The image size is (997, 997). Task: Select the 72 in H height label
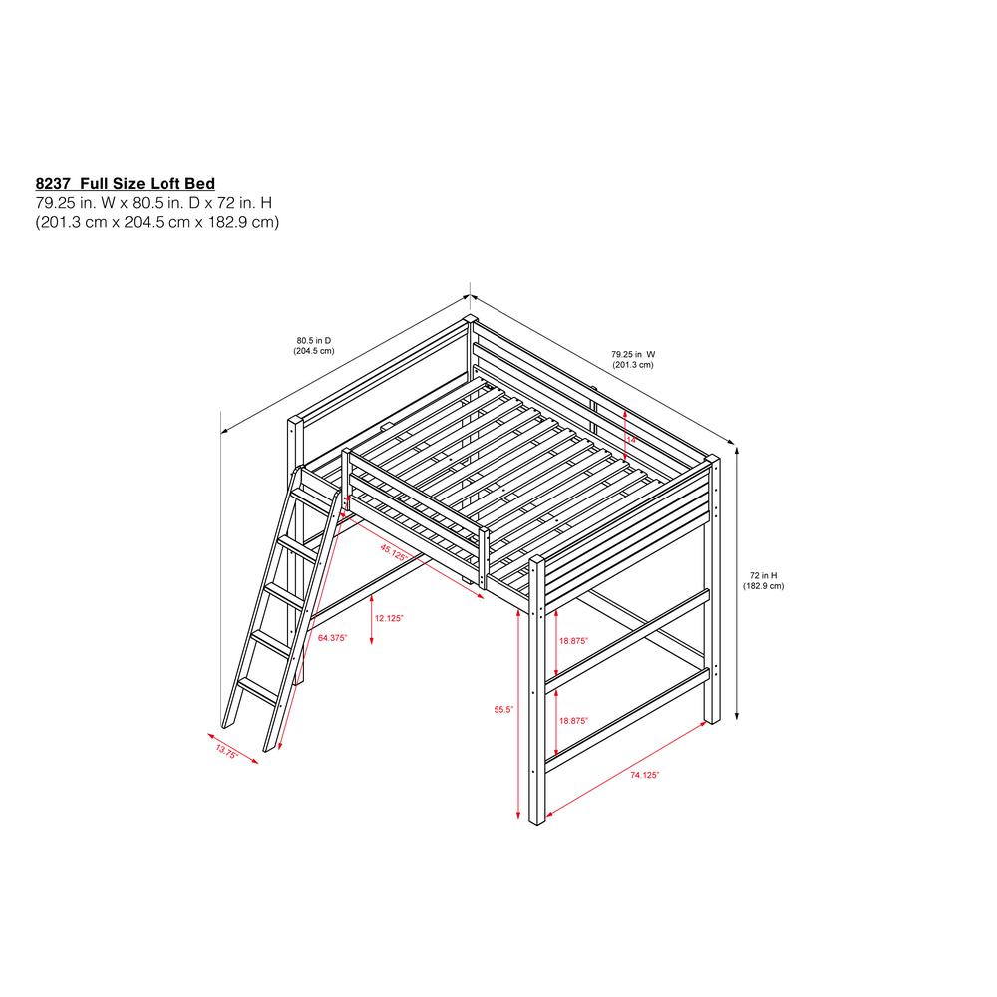[763, 575]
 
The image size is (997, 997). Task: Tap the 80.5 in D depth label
[313, 341]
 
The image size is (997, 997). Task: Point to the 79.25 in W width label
[633, 354]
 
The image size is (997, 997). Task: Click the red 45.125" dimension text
[392, 550]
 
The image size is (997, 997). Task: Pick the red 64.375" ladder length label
[332, 637]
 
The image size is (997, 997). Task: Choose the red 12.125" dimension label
[389, 618]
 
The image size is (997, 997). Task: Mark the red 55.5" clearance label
[503, 710]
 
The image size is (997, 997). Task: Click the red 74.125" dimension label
[645, 775]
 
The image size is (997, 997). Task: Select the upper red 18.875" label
[573, 641]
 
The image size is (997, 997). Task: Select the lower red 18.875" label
[573, 720]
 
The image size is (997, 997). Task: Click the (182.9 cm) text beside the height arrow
[763, 586]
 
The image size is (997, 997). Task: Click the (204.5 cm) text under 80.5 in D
[313, 351]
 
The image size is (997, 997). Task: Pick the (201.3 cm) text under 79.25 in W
[633, 365]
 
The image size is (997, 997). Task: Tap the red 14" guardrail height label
[630, 438]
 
